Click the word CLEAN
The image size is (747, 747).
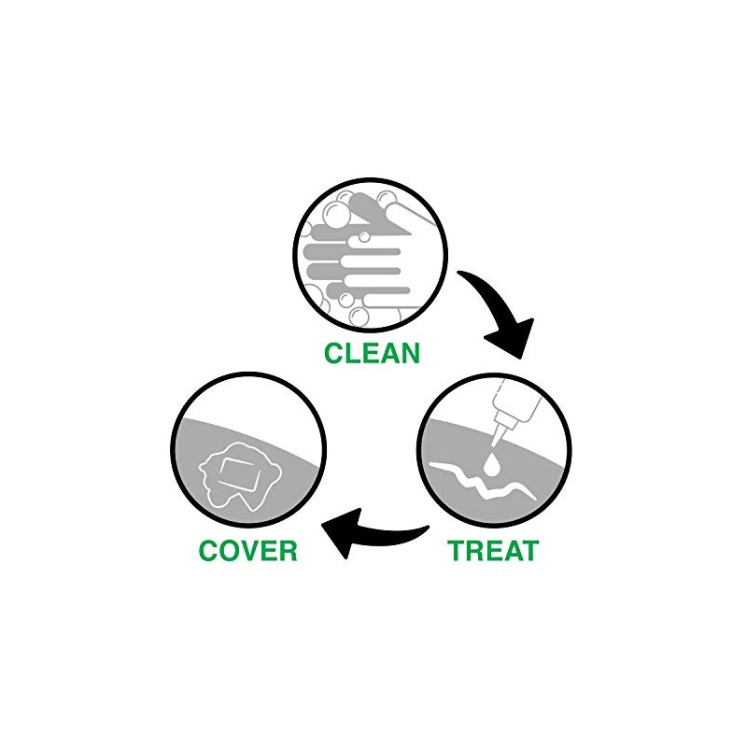[372, 353]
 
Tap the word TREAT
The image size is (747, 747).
[493, 550]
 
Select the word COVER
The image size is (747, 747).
[247, 550]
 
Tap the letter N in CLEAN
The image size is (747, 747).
[409, 353]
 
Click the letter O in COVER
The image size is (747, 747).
[227, 550]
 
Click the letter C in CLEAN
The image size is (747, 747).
[334, 353]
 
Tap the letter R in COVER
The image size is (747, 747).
[286, 550]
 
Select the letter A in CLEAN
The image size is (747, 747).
[389, 353]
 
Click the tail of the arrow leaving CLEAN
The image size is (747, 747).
[464, 276]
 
